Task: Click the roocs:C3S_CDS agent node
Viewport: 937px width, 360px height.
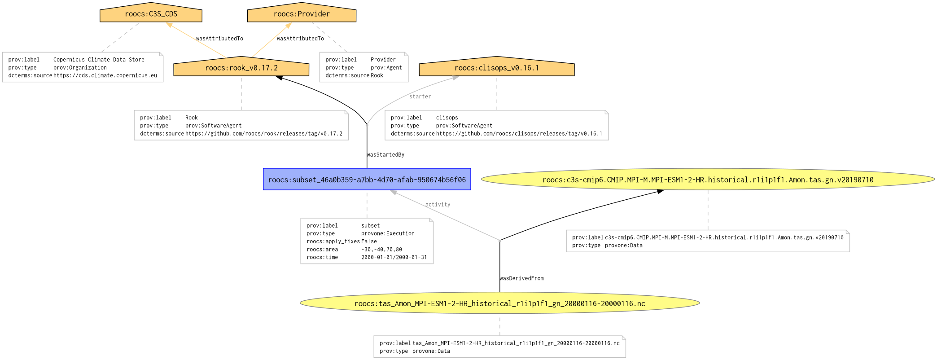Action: click(x=151, y=14)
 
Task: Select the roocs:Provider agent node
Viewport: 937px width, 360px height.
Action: click(x=302, y=14)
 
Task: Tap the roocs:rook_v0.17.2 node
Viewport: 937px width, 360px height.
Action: click(x=241, y=68)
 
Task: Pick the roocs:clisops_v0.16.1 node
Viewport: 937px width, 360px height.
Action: click(x=496, y=68)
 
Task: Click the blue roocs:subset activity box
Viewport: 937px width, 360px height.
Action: click(x=367, y=180)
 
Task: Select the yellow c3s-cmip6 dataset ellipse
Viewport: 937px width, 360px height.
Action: click(x=708, y=180)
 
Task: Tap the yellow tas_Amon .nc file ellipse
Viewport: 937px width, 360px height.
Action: click(x=499, y=303)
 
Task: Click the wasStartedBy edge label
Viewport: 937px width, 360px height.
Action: click(x=385, y=155)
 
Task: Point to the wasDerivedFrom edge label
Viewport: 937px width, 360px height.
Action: click(x=521, y=278)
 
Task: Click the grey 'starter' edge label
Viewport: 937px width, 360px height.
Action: click(x=420, y=97)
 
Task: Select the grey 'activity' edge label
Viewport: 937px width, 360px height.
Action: click(x=438, y=204)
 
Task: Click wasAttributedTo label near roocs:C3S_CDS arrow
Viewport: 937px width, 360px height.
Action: click(x=219, y=39)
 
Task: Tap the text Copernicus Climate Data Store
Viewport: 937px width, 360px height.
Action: click(x=99, y=60)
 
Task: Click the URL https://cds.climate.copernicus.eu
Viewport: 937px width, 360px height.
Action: click(x=105, y=75)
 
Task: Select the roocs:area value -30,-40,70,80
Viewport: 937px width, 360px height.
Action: click(x=381, y=250)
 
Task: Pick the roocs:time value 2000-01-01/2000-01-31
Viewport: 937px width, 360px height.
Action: click(x=394, y=257)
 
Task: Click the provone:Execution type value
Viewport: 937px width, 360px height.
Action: click(x=388, y=233)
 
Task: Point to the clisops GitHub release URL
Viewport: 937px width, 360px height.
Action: click(x=519, y=134)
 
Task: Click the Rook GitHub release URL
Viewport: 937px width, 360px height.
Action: click(x=263, y=134)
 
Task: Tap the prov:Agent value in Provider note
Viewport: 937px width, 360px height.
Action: click(x=386, y=68)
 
